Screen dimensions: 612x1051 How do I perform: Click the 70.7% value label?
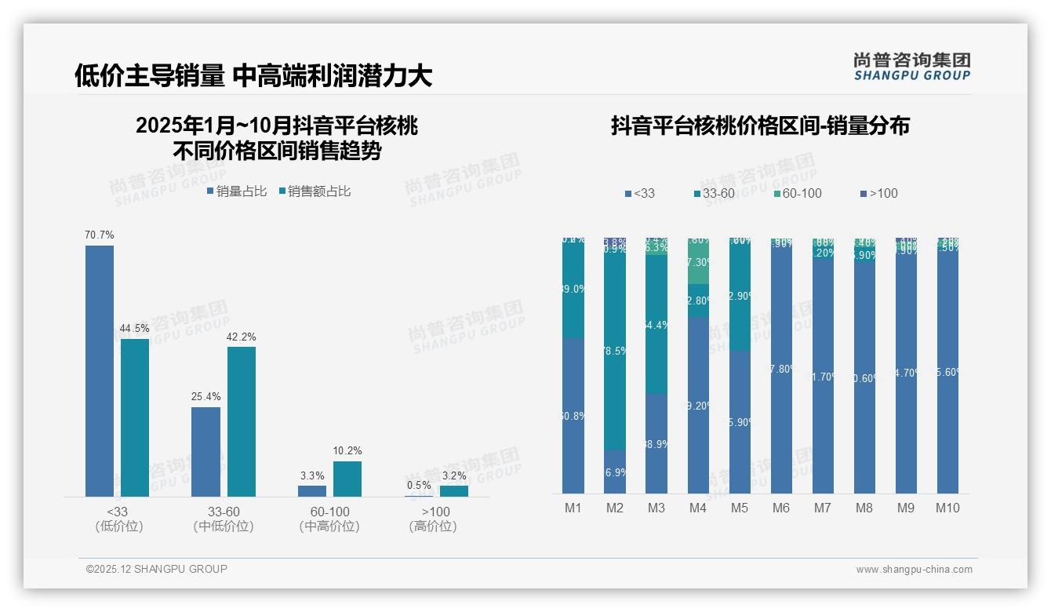pos(100,235)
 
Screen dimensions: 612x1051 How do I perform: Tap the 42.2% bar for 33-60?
pos(242,421)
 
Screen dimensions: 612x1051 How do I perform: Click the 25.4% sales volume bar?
pos(205,451)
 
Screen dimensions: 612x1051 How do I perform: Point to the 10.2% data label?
pos(347,450)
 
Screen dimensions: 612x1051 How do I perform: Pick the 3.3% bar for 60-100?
pos(312,490)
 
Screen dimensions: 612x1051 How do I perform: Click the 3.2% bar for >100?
pos(453,490)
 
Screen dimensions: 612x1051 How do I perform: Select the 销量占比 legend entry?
pos(237,191)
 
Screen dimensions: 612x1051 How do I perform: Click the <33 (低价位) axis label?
pos(119,519)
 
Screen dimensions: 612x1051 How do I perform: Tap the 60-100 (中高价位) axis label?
pos(329,519)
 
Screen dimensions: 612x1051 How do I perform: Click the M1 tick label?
pos(573,508)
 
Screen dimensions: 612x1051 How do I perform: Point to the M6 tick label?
pos(780,508)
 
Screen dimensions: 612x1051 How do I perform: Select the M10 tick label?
pos(947,508)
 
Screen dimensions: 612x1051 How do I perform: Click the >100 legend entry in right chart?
pos(878,193)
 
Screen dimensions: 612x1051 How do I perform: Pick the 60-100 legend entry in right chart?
pos(796,193)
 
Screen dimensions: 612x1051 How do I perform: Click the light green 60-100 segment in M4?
pos(698,263)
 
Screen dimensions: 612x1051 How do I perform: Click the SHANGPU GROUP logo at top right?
pos(912,66)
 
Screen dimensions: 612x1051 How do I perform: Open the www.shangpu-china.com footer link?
pos(914,570)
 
